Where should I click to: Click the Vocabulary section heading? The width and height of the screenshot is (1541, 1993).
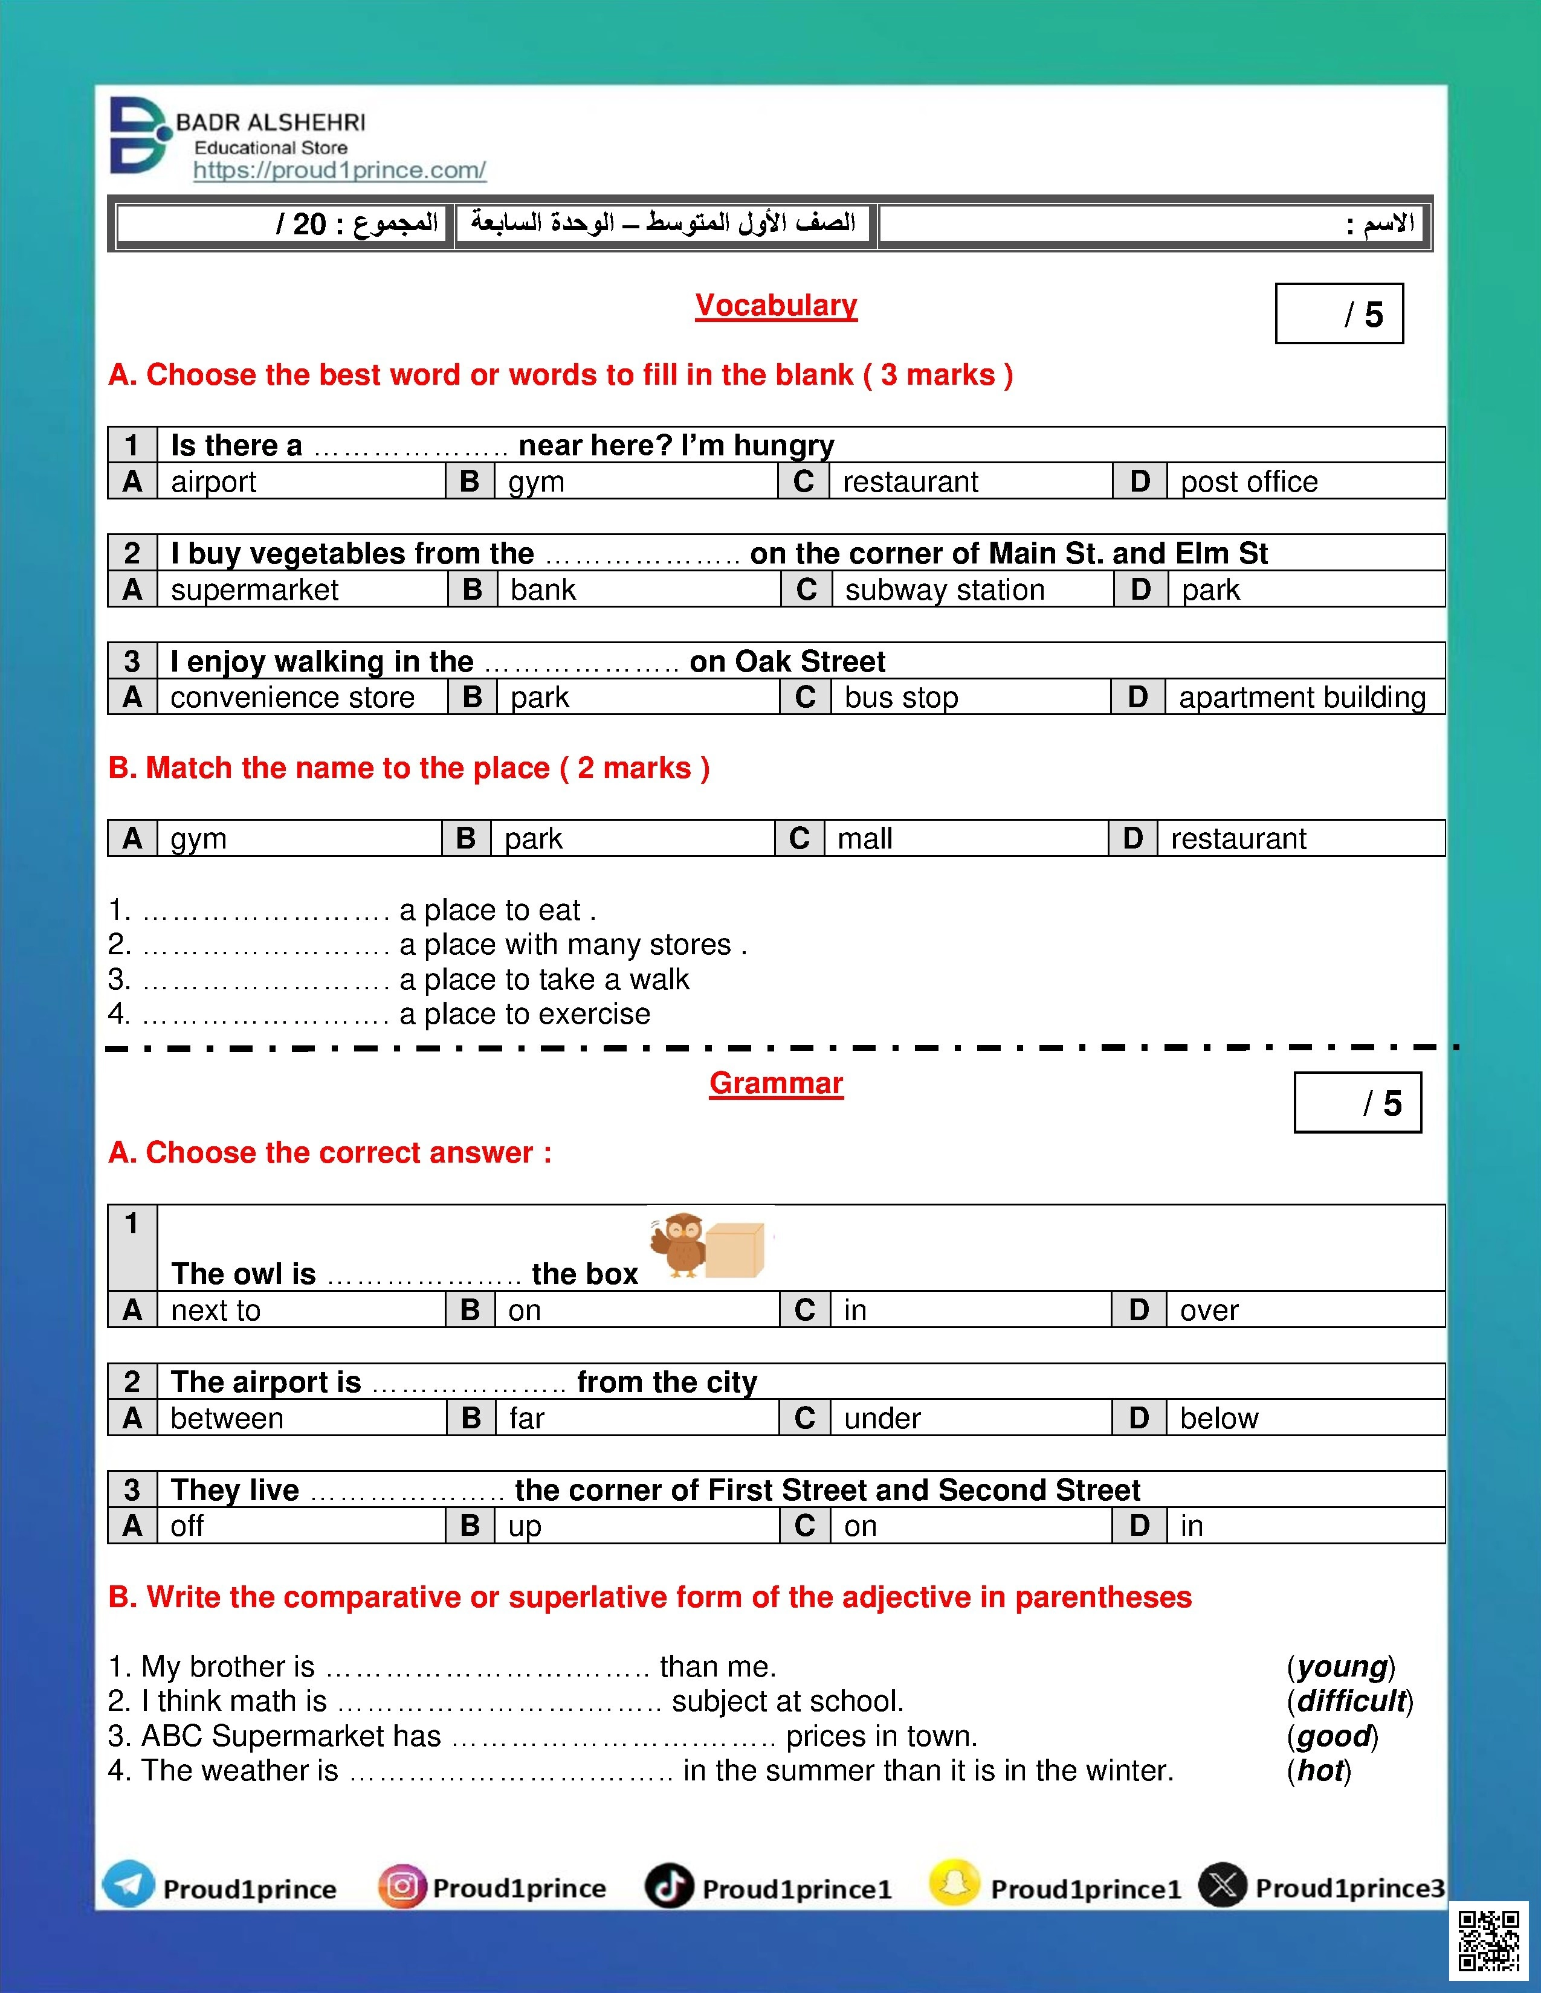click(776, 305)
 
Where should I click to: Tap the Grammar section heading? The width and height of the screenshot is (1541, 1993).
click(776, 1083)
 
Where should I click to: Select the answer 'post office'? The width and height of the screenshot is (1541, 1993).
click(1249, 482)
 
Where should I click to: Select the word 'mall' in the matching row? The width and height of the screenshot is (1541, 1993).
click(865, 839)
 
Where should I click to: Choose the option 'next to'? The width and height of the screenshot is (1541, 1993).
click(216, 1311)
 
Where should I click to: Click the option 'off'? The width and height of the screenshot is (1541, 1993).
click(187, 1526)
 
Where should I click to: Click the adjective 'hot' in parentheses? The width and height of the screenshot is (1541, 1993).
click(1319, 1770)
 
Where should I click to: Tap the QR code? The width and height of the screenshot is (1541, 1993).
click(1488, 1941)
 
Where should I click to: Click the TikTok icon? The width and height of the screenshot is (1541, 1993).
click(669, 1886)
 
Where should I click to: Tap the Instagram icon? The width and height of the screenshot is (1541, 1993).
click(402, 1886)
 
